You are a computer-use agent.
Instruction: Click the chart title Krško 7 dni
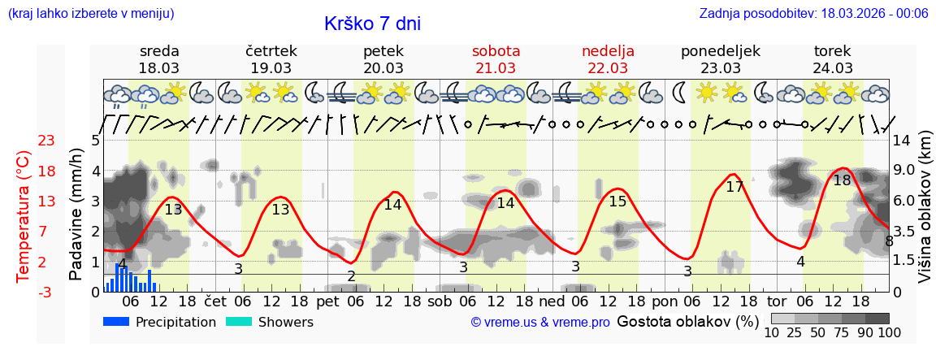coord(372,24)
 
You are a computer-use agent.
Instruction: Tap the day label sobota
coord(496,51)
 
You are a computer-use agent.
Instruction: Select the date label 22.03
coord(608,68)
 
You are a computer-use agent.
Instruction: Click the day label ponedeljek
coord(720,51)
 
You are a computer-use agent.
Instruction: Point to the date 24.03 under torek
coord(833,68)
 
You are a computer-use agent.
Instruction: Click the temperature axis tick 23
coord(46,141)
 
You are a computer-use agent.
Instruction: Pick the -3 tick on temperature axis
coord(46,292)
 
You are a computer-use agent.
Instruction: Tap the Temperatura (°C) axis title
coord(25,216)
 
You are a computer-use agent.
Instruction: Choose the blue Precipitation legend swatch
coord(116,322)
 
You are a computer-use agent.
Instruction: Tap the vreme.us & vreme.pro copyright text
coord(540,323)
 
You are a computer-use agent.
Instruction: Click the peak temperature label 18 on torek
coord(842,180)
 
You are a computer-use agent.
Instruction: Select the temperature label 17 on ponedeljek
coord(734,187)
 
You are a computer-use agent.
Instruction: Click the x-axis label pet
coord(327,301)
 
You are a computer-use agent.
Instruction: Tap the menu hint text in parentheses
coord(91,14)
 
